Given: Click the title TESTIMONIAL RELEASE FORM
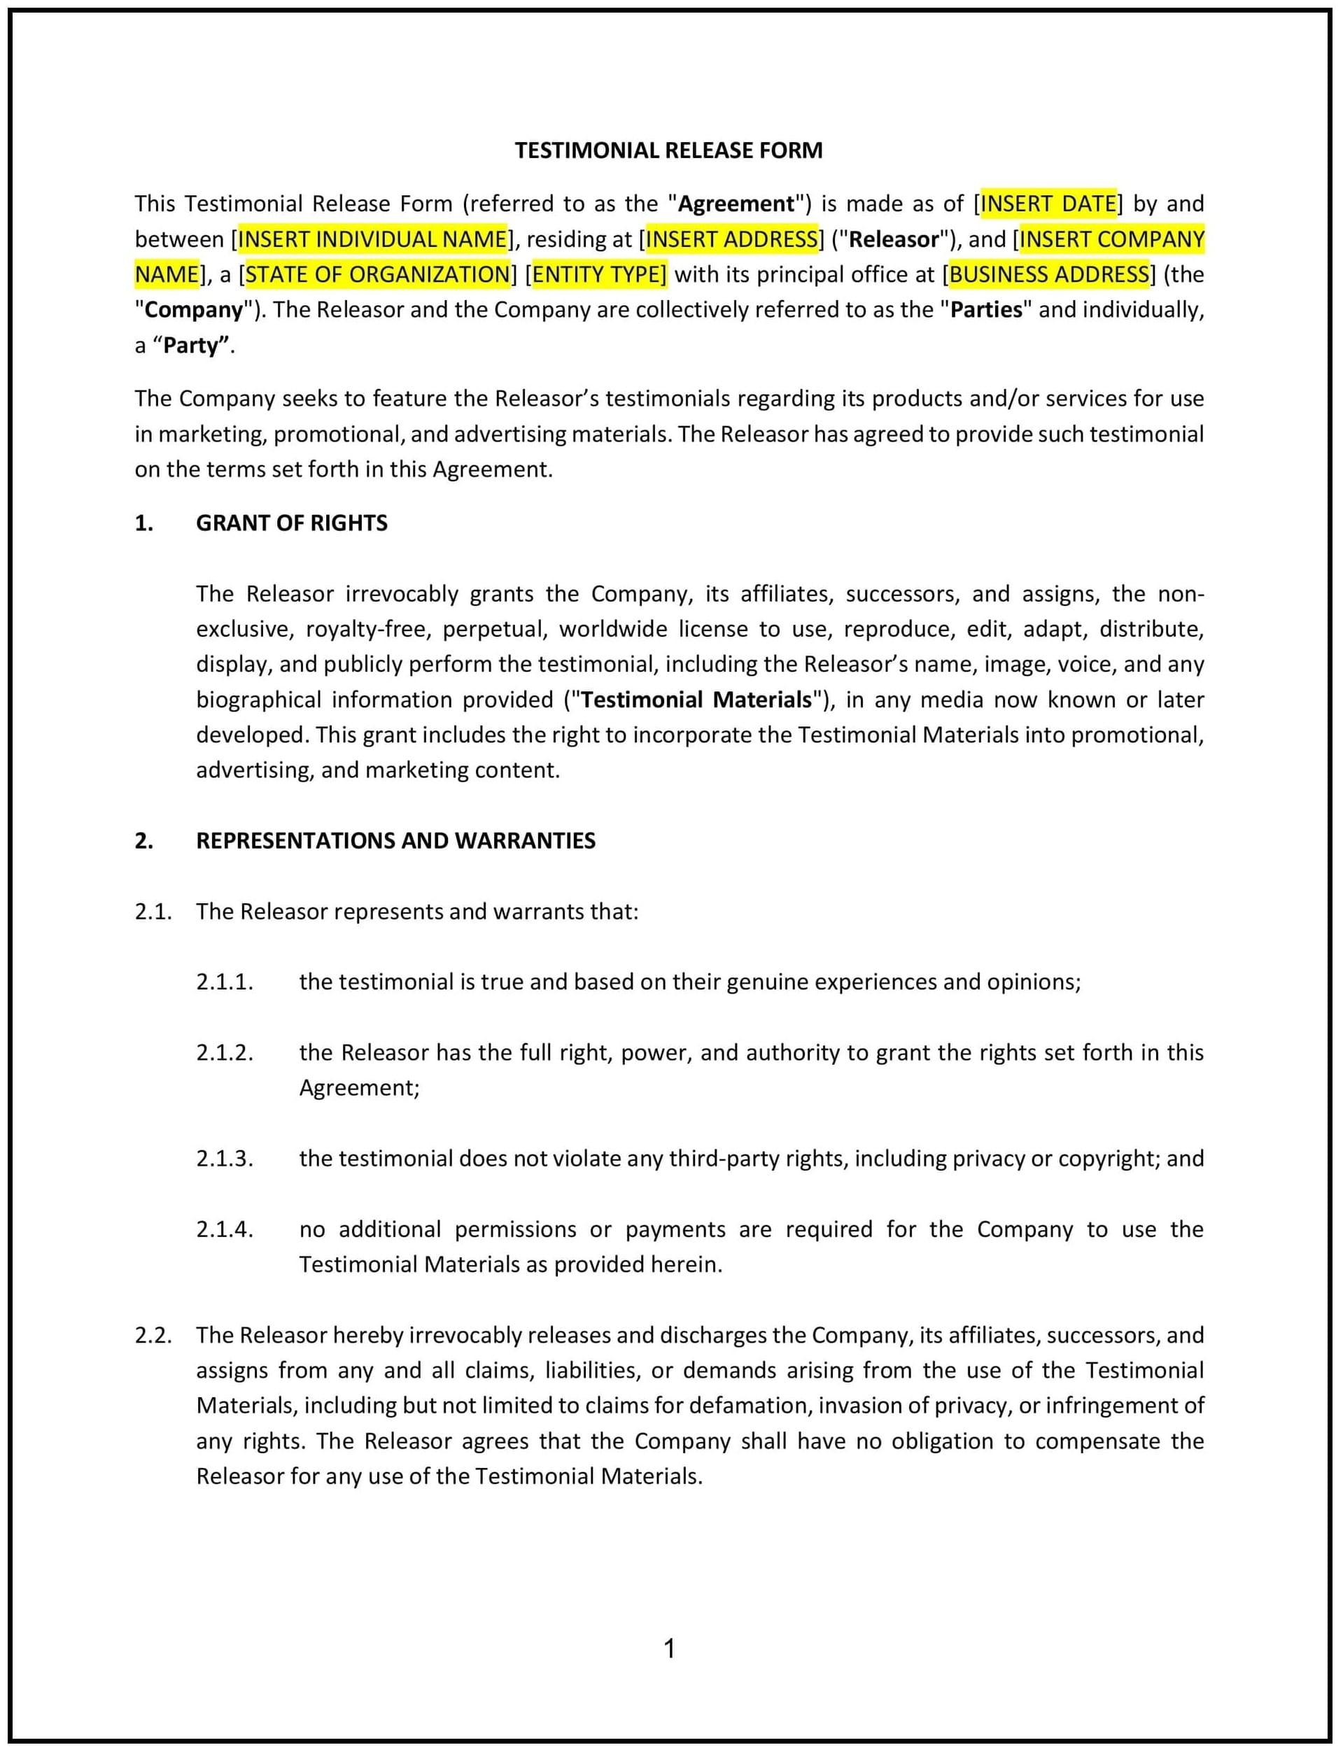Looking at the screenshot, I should coord(668,150).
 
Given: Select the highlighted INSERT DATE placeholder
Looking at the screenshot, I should coord(1048,204).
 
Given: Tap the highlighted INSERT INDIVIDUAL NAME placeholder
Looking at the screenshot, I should coord(372,239).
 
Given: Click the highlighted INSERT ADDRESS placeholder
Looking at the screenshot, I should coord(731,239).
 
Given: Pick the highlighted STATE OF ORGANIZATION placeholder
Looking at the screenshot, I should coord(377,274).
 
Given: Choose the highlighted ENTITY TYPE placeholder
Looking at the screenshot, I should coord(599,274).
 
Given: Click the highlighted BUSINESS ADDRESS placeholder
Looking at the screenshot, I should coord(1049,274).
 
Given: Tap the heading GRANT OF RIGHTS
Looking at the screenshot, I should coord(292,523).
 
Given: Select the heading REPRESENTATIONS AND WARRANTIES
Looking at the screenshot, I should coord(395,841).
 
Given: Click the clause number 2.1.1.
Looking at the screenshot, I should coord(225,982).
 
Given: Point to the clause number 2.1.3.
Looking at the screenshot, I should coord(225,1159).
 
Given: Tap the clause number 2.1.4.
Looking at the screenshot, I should coord(225,1229).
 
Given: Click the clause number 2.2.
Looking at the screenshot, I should coord(153,1336).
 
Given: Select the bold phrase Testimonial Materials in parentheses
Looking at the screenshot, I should coord(696,700).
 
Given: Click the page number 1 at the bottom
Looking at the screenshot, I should coord(670,1648).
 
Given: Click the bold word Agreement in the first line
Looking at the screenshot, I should coord(736,204).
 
